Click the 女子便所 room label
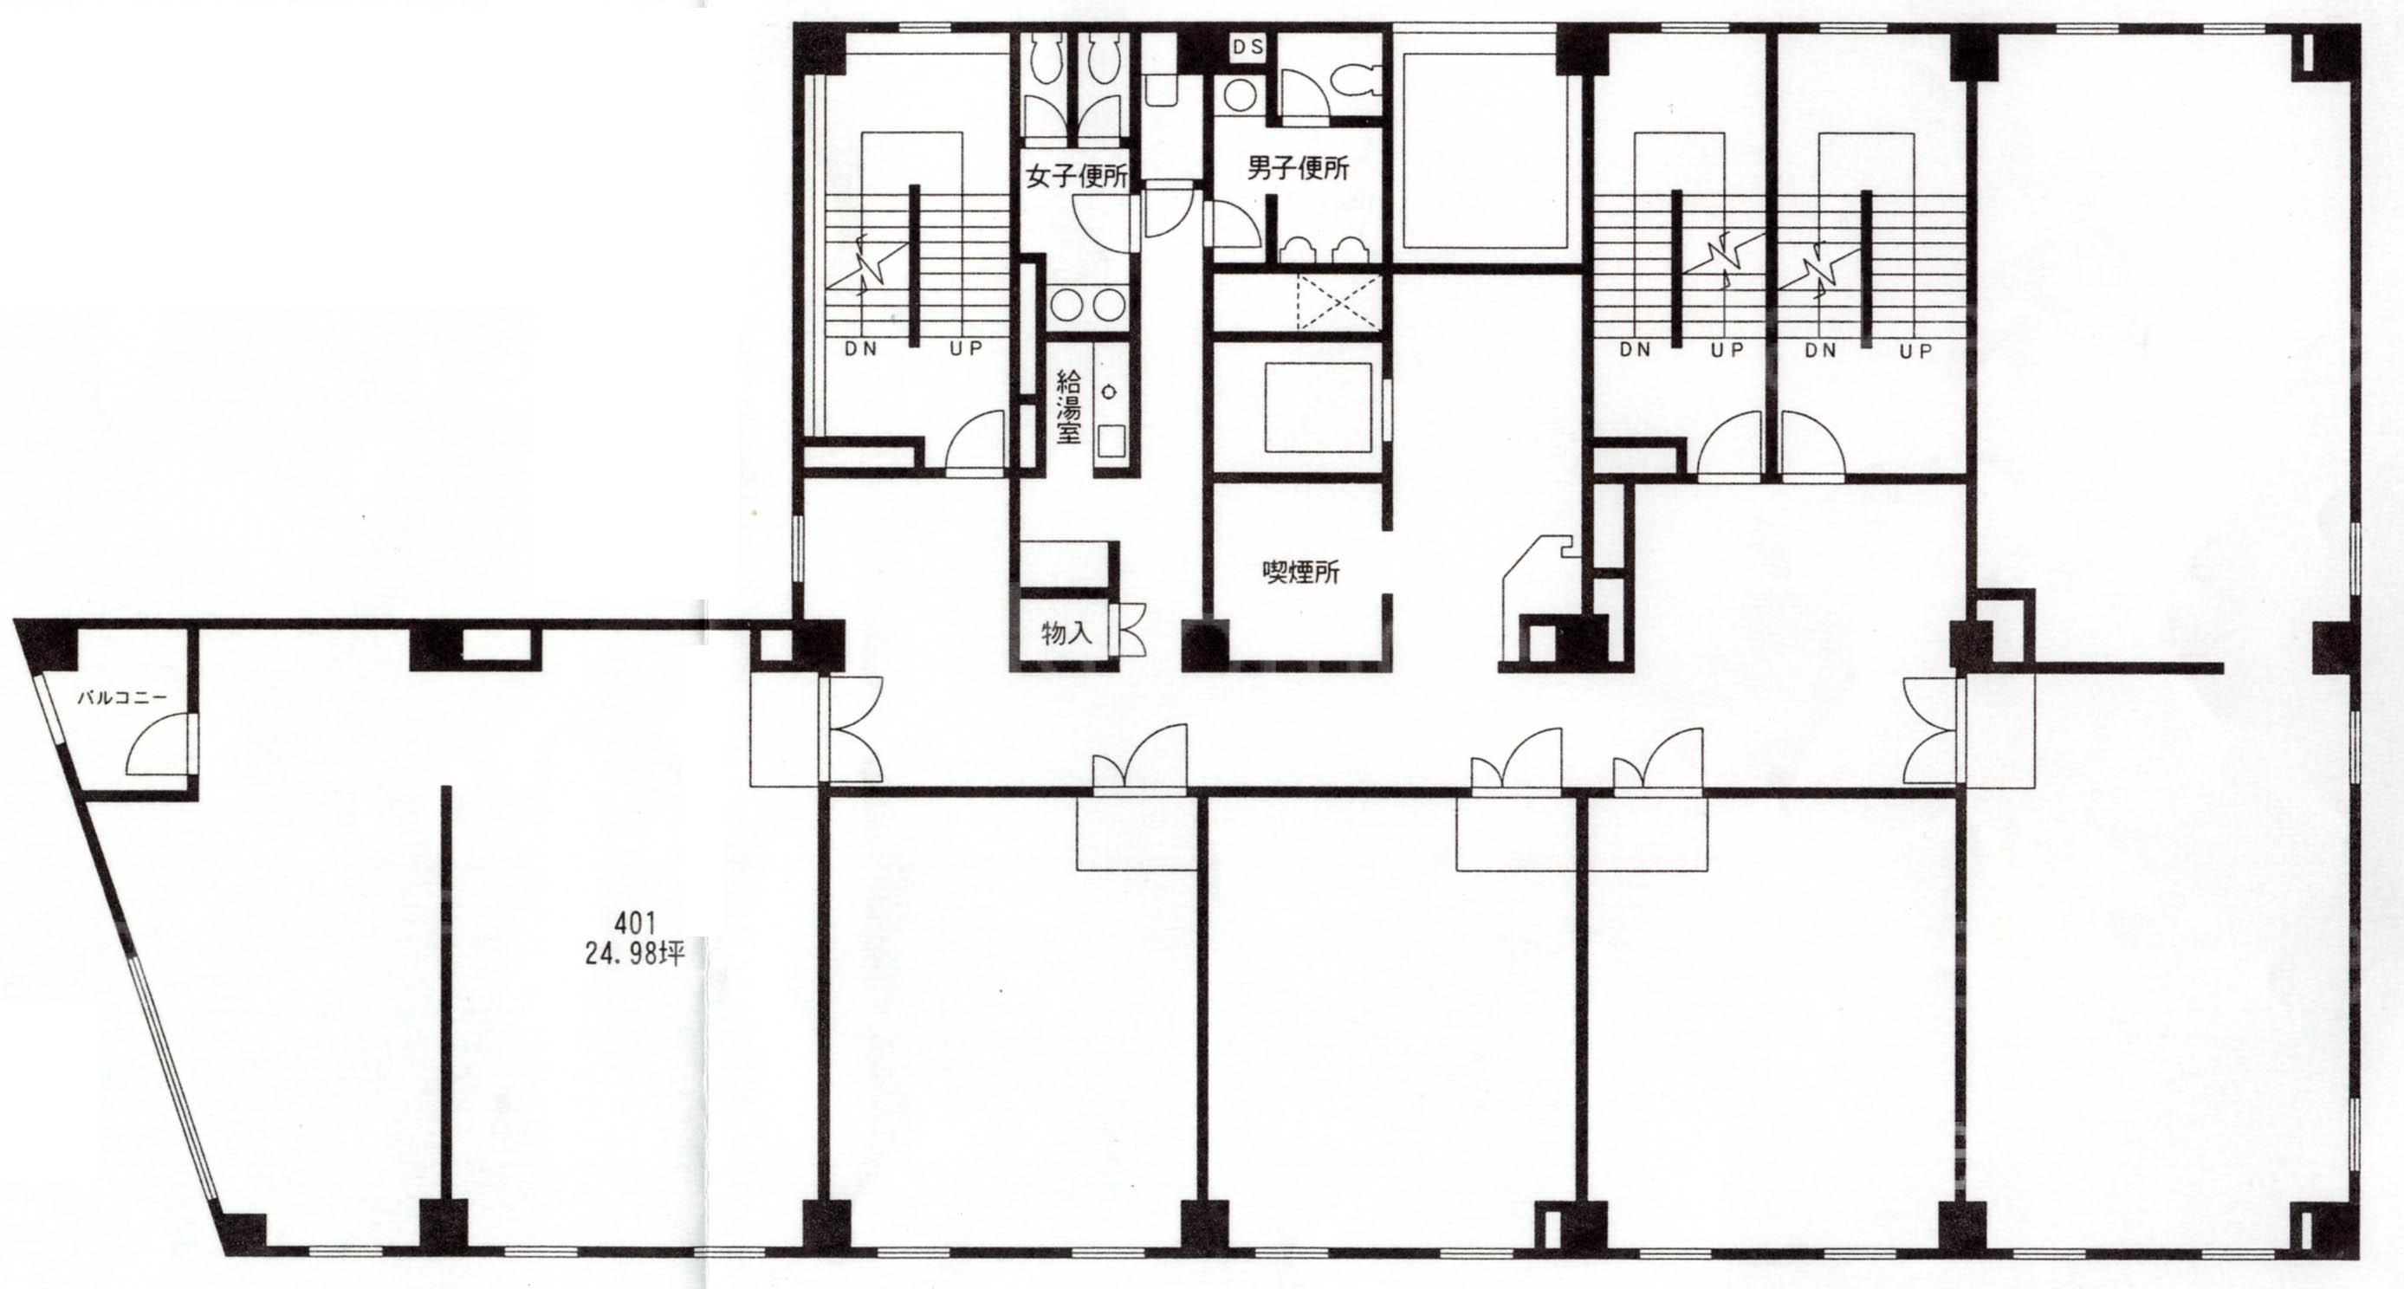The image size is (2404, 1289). pyautogui.click(x=1076, y=177)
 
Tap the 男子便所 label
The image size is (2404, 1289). pyautogui.click(x=1298, y=169)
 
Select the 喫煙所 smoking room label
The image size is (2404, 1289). pyautogui.click(x=1300, y=570)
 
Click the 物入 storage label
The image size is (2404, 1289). pyautogui.click(x=1066, y=633)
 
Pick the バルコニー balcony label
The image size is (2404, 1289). pyautogui.click(x=121, y=696)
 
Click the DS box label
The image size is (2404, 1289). pyautogui.click(x=1247, y=47)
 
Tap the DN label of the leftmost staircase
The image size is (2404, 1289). pyautogui.click(x=860, y=350)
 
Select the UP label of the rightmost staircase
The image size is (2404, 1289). pyautogui.click(x=1916, y=351)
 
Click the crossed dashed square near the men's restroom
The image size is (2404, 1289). pyautogui.click(x=1338, y=302)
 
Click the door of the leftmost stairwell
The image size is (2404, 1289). pyautogui.click(x=976, y=444)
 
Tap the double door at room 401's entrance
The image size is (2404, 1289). pyautogui.click(x=851, y=728)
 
